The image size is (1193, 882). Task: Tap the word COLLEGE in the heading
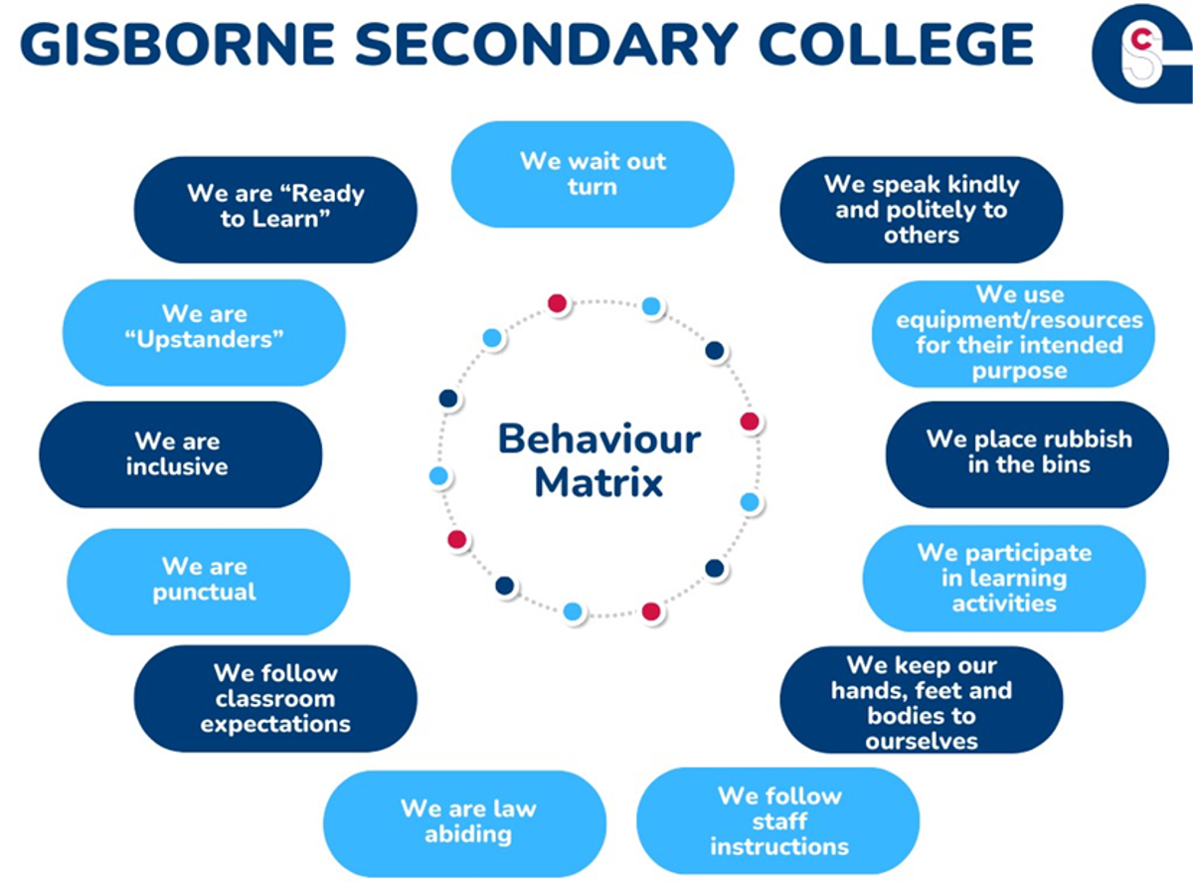pyautogui.click(x=896, y=44)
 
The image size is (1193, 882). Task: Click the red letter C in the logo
pyautogui.click(x=1141, y=39)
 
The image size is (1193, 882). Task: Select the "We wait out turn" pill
pyautogui.click(x=593, y=174)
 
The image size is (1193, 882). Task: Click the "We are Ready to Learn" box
pyautogui.click(x=275, y=210)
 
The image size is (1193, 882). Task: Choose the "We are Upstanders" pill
pyautogui.click(x=205, y=332)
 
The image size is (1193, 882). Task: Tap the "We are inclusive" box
pyautogui.click(x=181, y=454)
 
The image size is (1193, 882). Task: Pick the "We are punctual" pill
pyautogui.click(x=209, y=581)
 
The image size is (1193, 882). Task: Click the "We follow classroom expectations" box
pyautogui.click(x=275, y=698)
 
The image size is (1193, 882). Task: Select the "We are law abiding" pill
pyautogui.click(x=464, y=823)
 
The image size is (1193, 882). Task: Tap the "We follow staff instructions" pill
pyautogui.click(x=777, y=821)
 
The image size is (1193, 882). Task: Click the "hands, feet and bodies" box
pyautogui.click(x=922, y=700)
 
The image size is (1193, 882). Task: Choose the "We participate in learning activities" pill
pyautogui.click(x=1004, y=579)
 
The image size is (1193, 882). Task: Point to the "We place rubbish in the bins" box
pyautogui.click(x=1027, y=454)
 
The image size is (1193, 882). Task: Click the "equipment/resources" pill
pyautogui.click(x=1013, y=334)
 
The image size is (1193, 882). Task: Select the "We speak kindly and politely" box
pyautogui.click(x=922, y=210)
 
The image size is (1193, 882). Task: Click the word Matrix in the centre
pyautogui.click(x=598, y=482)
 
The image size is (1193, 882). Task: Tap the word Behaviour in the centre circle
pyautogui.click(x=599, y=439)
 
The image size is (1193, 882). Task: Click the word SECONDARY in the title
pyautogui.click(x=547, y=44)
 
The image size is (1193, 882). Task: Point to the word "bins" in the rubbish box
pyautogui.click(x=1066, y=464)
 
